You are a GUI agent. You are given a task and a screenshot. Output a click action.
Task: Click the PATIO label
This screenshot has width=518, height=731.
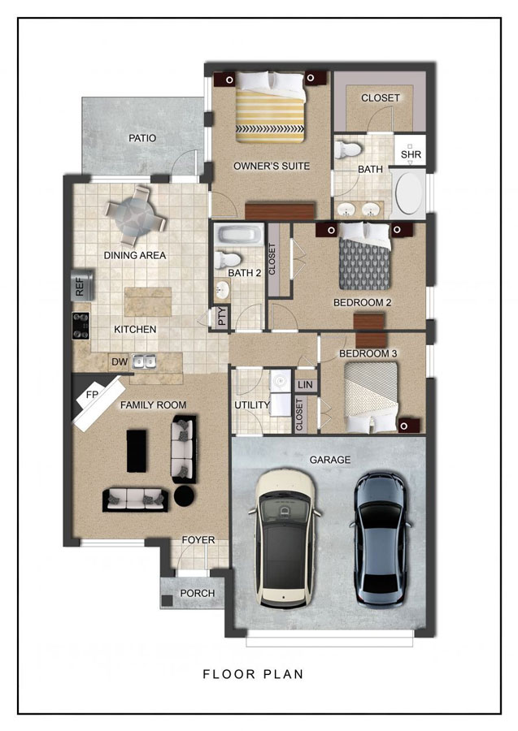[142, 138]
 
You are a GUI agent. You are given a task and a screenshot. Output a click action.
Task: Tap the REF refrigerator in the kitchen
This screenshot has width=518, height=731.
[82, 285]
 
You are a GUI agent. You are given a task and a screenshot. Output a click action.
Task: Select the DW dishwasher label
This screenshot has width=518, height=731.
[120, 361]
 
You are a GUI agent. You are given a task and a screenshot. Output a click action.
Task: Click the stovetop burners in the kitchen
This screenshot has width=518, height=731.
[81, 326]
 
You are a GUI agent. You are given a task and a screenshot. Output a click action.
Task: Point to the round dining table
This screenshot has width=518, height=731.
[135, 216]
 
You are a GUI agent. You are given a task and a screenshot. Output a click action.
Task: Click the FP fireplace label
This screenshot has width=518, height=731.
[92, 395]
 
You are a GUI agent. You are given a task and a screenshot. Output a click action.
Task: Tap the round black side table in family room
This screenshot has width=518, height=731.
[185, 496]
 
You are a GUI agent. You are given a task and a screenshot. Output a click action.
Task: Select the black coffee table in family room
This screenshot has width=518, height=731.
[137, 451]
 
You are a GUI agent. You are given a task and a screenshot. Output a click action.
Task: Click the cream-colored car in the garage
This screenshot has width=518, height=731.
[284, 539]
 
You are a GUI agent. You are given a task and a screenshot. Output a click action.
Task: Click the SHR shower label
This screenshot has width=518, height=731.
[411, 154]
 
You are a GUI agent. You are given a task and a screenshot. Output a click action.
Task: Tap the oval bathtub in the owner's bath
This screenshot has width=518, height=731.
[408, 193]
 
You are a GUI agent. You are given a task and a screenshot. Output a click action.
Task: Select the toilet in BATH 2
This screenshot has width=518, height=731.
[227, 259]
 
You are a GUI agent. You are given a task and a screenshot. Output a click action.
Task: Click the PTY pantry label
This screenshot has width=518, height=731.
[222, 317]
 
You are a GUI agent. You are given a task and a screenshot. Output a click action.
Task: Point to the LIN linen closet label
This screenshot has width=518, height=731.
[305, 385]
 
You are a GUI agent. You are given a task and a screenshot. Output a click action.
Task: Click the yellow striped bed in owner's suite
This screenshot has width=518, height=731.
[269, 107]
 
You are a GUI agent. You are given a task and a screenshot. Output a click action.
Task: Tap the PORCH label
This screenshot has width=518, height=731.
[198, 594]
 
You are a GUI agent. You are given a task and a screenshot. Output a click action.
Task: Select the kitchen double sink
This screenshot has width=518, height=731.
[144, 361]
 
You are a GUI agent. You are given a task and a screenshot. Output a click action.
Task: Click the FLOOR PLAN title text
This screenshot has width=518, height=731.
[253, 674]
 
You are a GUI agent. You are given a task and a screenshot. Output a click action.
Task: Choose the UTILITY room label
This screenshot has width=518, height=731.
[252, 405]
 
